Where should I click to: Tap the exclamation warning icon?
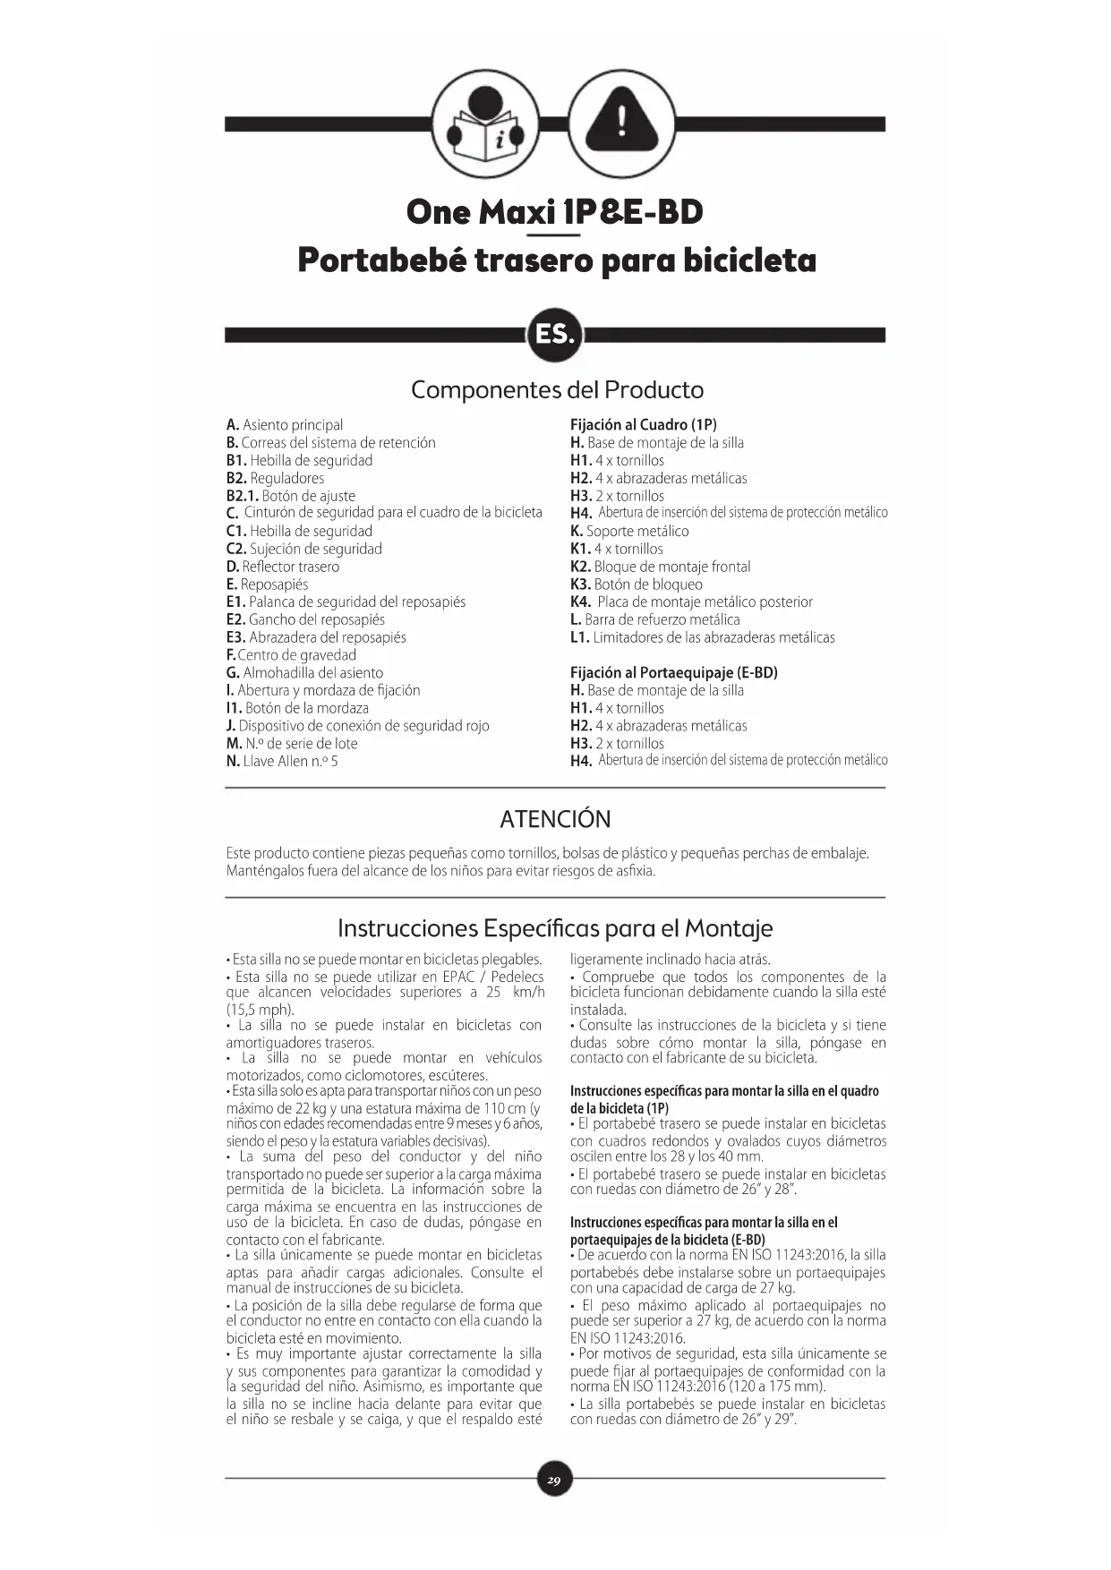click(622, 124)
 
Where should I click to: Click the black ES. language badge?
click(555, 335)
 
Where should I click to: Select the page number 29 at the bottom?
click(555, 1480)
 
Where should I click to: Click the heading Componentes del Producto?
click(557, 390)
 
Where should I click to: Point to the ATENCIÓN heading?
click(555, 819)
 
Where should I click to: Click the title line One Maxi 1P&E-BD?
click(555, 213)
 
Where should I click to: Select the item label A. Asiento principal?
click(285, 425)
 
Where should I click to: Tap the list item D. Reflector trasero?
click(283, 567)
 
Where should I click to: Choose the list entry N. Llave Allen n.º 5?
click(282, 762)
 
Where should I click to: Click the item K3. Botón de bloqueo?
click(637, 584)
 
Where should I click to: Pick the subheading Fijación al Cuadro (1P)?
click(644, 425)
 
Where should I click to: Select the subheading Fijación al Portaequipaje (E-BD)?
click(674, 673)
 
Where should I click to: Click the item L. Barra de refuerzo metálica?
click(655, 619)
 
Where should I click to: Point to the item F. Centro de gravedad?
click(291, 655)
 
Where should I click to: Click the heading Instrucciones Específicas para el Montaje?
click(555, 928)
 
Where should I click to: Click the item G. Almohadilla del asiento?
click(304, 673)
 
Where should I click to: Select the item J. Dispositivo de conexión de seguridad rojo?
click(358, 726)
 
